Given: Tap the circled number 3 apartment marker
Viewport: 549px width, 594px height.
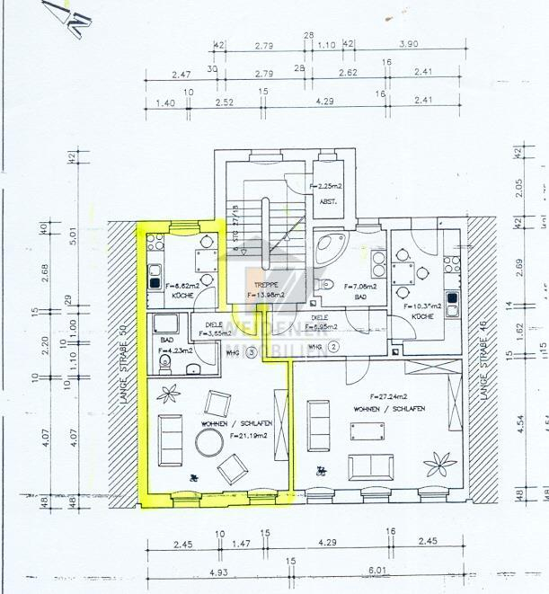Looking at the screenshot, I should pos(252,352).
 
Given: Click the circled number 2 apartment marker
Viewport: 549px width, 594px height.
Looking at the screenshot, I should pos(332,345).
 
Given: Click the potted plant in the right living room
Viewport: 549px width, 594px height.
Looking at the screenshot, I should pos(440,462).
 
